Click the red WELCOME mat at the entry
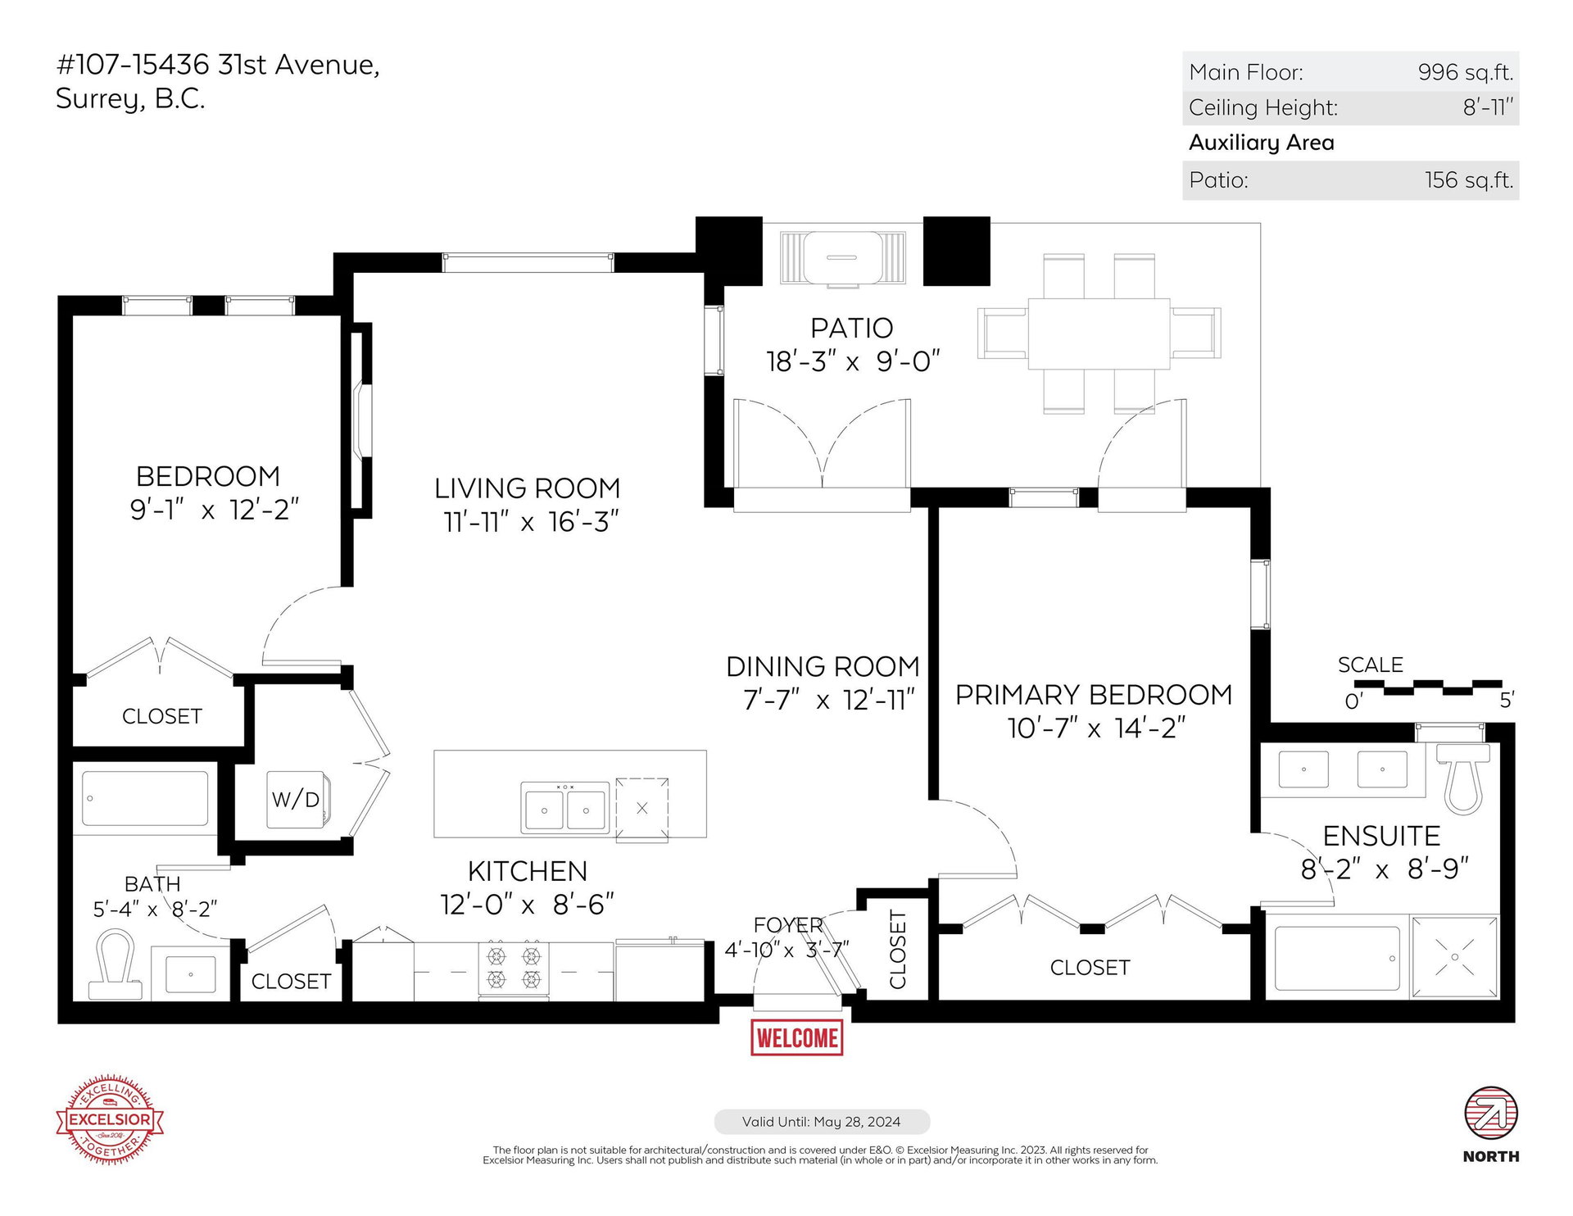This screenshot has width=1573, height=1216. point(796,1037)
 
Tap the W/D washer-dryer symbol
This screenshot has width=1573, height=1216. point(297,799)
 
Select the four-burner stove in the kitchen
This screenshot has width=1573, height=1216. point(514,970)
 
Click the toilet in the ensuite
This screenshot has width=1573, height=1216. point(1463,778)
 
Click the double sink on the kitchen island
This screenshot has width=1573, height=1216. point(565,807)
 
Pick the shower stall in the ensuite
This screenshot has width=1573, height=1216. point(1454,957)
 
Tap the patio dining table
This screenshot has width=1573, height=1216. point(1099,333)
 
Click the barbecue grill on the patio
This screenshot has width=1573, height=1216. point(842,258)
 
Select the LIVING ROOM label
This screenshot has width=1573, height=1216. point(527,488)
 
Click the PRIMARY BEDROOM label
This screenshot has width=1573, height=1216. point(1094,695)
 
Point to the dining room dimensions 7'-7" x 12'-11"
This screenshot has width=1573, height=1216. point(828,701)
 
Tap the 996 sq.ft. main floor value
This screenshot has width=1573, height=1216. point(1466,72)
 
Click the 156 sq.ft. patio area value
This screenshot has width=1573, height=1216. point(1469,180)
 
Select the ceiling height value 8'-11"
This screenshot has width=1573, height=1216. point(1489,107)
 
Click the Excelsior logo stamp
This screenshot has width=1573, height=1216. point(110,1118)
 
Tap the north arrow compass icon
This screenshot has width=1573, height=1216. point(1491,1114)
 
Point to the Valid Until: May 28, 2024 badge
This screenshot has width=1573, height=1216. point(822,1122)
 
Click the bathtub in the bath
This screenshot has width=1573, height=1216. point(146,798)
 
